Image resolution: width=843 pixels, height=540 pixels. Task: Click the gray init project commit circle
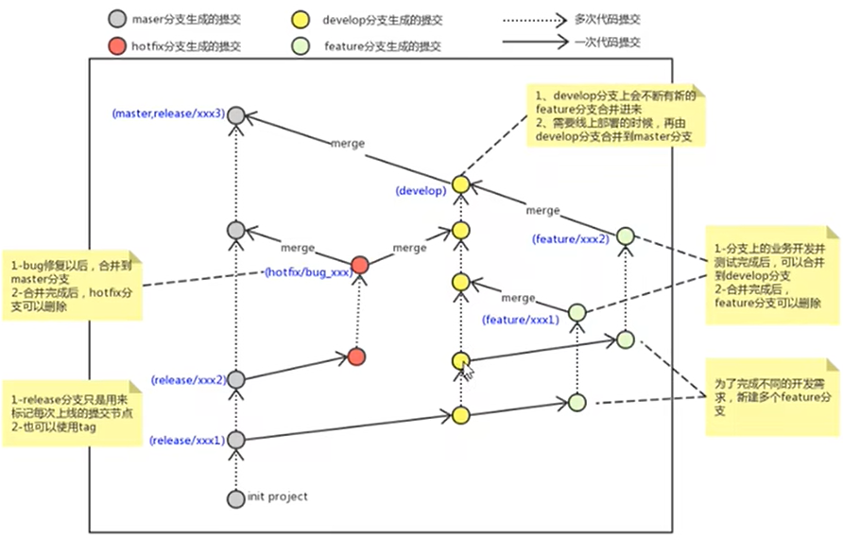pos(236,497)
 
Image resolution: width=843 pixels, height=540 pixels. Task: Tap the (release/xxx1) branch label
pos(186,441)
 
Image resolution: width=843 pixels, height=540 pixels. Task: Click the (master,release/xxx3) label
pos(168,114)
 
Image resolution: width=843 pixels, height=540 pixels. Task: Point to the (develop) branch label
pos(421,191)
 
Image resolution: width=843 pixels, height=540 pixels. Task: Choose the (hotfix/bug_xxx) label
pos(308,272)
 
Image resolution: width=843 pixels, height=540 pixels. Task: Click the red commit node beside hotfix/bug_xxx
pos(358,267)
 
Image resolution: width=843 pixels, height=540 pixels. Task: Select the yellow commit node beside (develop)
pos(460,184)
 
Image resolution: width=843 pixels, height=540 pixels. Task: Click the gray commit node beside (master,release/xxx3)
pos(236,115)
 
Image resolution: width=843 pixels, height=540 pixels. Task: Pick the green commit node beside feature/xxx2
pos(624,236)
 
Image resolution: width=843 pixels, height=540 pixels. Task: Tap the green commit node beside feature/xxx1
pos(576,312)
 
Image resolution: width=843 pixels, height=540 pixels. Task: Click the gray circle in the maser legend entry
pos(117,19)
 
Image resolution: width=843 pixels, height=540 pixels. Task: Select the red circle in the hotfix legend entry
pos(117,45)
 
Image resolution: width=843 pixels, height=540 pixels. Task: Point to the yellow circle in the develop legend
pos(301,19)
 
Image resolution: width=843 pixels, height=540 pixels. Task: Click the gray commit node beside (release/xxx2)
pos(236,379)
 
